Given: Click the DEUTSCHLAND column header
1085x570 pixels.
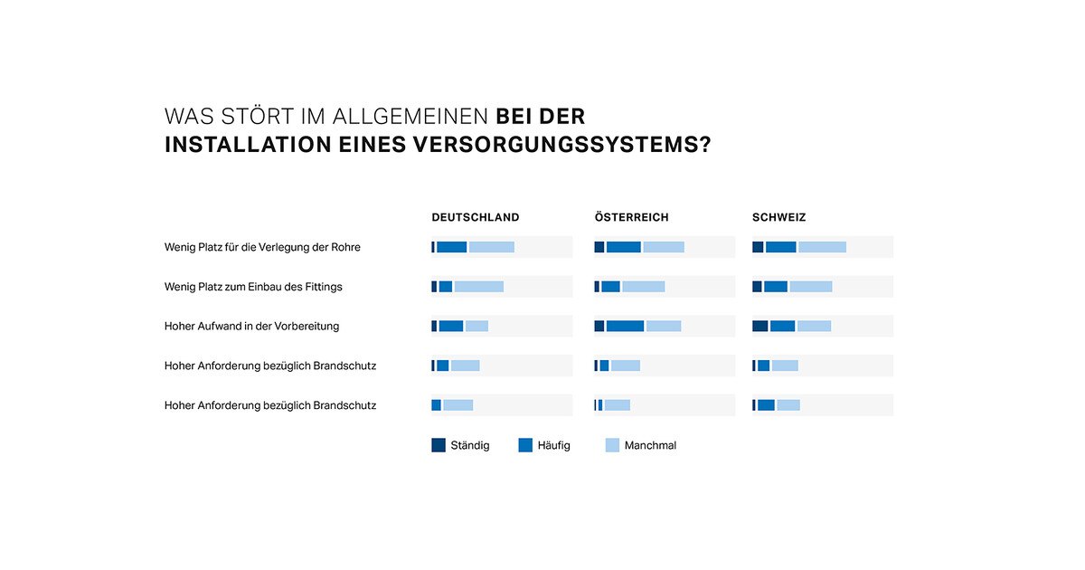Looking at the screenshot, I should tap(476, 217).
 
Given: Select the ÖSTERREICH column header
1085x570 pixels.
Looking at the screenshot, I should tap(632, 217).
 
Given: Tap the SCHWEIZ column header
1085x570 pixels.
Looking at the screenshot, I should tap(778, 217).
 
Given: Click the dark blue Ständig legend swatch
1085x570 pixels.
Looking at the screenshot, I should tap(439, 445).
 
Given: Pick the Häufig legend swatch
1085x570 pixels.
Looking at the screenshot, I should tap(525, 445).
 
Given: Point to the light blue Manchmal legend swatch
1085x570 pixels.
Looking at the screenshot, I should tap(612, 445).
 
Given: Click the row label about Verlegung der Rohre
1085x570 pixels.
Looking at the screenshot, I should tap(262, 247).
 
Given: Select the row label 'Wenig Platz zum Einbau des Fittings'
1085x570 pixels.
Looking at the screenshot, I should tap(253, 287).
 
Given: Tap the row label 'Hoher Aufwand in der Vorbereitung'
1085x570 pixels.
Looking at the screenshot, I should tap(251, 326).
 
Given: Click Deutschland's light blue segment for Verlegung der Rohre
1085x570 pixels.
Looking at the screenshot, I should tap(491, 247).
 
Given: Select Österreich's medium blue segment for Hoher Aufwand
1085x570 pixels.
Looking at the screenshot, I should tap(625, 326).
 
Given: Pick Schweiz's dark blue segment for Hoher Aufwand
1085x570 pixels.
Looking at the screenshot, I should tap(759, 326).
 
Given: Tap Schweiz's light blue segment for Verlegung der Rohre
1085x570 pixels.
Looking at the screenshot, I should tap(822, 247).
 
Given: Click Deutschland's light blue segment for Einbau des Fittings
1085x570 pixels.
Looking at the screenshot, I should tap(478, 287).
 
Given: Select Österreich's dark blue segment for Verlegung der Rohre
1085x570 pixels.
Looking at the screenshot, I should tap(599, 247).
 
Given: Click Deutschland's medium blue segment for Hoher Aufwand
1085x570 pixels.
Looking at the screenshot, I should tap(450, 326).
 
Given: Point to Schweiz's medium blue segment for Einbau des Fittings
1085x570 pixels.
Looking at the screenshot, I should tap(776, 287).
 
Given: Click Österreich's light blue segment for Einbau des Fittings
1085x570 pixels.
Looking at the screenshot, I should tap(643, 287).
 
